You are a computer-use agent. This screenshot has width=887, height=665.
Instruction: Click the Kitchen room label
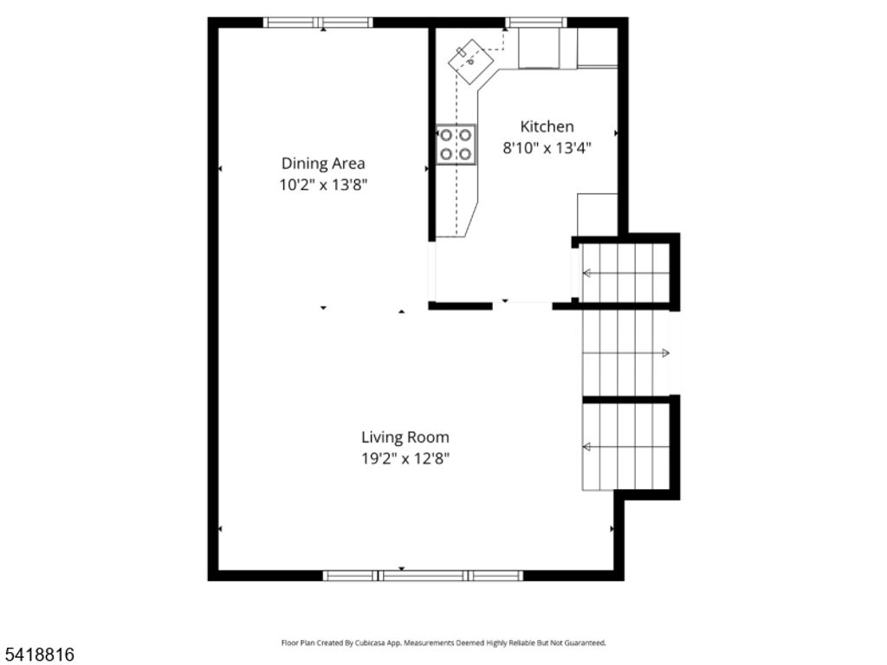point(547,126)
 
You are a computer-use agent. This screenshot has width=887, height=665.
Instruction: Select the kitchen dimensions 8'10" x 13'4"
point(547,147)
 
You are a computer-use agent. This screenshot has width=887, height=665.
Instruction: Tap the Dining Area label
point(323,163)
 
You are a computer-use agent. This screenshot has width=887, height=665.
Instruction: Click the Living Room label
point(405,437)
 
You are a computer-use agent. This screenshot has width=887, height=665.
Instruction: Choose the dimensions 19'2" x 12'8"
point(405,458)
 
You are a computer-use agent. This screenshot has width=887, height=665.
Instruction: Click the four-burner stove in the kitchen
point(456,145)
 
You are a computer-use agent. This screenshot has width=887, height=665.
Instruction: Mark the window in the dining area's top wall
point(318,23)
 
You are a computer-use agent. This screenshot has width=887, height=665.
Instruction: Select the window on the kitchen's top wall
point(535,23)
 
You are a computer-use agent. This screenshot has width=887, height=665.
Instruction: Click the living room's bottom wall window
point(423,575)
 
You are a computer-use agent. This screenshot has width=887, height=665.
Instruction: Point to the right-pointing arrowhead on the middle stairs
point(665,353)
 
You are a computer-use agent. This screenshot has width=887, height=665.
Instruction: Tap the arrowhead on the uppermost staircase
point(586,274)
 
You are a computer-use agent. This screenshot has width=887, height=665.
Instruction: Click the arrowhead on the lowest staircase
point(586,447)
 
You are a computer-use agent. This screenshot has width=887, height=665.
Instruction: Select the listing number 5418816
point(38,649)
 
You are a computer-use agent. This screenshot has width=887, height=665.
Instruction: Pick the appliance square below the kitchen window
point(538,48)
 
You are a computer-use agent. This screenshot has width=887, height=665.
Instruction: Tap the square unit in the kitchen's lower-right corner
point(597,214)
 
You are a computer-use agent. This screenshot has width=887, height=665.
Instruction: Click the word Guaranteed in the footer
point(585,643)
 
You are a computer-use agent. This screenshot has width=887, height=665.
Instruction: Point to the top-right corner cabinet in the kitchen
point(597,47)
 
